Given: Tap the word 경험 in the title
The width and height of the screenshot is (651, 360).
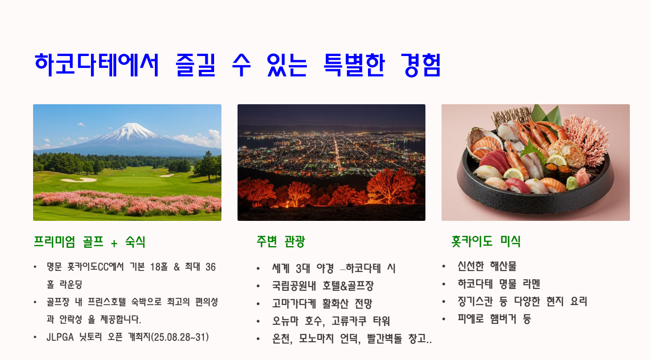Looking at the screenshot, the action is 421,65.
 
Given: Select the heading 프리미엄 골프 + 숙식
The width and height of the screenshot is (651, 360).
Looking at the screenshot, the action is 90,242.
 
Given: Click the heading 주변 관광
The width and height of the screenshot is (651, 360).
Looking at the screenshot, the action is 281,242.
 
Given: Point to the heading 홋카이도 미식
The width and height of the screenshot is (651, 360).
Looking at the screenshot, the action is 486,241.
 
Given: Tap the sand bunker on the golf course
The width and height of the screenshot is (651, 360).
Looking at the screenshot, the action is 79,180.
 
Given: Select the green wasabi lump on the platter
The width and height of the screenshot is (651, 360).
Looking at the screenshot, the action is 572,183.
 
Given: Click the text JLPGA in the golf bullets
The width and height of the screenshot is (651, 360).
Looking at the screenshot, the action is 60,337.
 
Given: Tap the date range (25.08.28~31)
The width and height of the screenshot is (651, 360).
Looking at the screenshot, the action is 180,337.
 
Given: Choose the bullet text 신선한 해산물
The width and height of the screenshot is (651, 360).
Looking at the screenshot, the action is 487,266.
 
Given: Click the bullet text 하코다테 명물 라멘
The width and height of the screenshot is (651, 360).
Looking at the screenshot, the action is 499,284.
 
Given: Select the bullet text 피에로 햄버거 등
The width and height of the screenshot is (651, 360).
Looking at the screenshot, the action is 494,319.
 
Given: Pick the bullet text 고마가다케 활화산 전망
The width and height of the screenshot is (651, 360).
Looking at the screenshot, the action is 322,304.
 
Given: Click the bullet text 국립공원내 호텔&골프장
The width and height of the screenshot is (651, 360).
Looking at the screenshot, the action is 323,286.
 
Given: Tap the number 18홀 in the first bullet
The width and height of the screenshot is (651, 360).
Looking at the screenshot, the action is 159,267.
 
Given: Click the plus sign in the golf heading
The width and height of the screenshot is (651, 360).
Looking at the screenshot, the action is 114,243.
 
